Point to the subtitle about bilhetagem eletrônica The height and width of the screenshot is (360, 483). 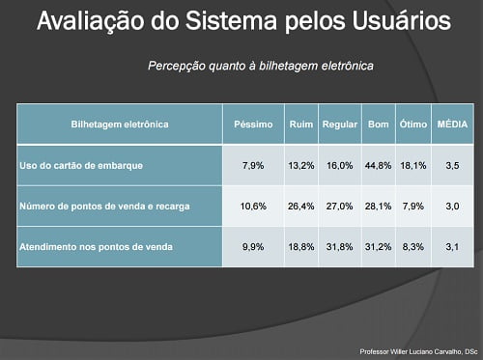261,66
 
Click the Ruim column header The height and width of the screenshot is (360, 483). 300,125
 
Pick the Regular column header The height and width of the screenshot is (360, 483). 340,125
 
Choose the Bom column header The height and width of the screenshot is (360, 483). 378,125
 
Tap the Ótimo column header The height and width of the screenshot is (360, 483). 412,125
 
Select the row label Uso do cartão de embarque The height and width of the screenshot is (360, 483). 81,166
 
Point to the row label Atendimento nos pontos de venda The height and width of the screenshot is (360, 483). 96,246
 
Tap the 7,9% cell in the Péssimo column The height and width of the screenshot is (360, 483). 253,166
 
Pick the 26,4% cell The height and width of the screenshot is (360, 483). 301,206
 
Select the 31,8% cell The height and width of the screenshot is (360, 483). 340,246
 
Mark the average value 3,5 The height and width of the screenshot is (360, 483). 452,166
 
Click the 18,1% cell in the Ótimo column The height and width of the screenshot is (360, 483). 412,166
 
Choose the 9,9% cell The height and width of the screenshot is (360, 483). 253,246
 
